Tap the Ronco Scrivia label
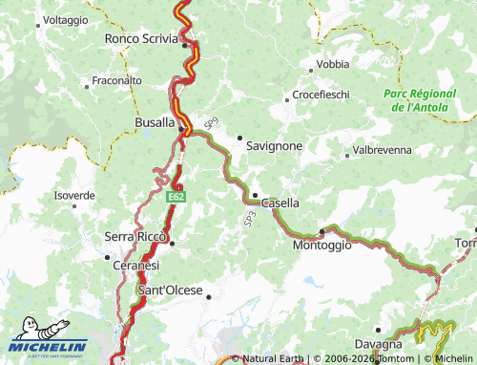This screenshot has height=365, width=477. [141, 39]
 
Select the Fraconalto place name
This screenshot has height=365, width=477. [116, 81]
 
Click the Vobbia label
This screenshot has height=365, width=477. [333, 64]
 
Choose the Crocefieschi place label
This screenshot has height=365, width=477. [321, 96]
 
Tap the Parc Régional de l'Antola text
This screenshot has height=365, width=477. [421, 100]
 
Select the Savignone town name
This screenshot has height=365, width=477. [274, 146]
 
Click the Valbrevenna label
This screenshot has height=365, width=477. [382, 151]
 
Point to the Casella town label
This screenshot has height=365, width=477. [280, 204]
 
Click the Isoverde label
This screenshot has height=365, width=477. [74, 195]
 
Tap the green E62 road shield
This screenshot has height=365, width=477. [175, 196]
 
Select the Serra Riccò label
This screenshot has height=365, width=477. [135, 236]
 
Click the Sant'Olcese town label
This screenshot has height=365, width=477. [171, 290]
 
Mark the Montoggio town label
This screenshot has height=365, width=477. [321, 245]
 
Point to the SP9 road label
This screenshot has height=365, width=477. [211, 124]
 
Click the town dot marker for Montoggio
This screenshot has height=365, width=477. [322, 230]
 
